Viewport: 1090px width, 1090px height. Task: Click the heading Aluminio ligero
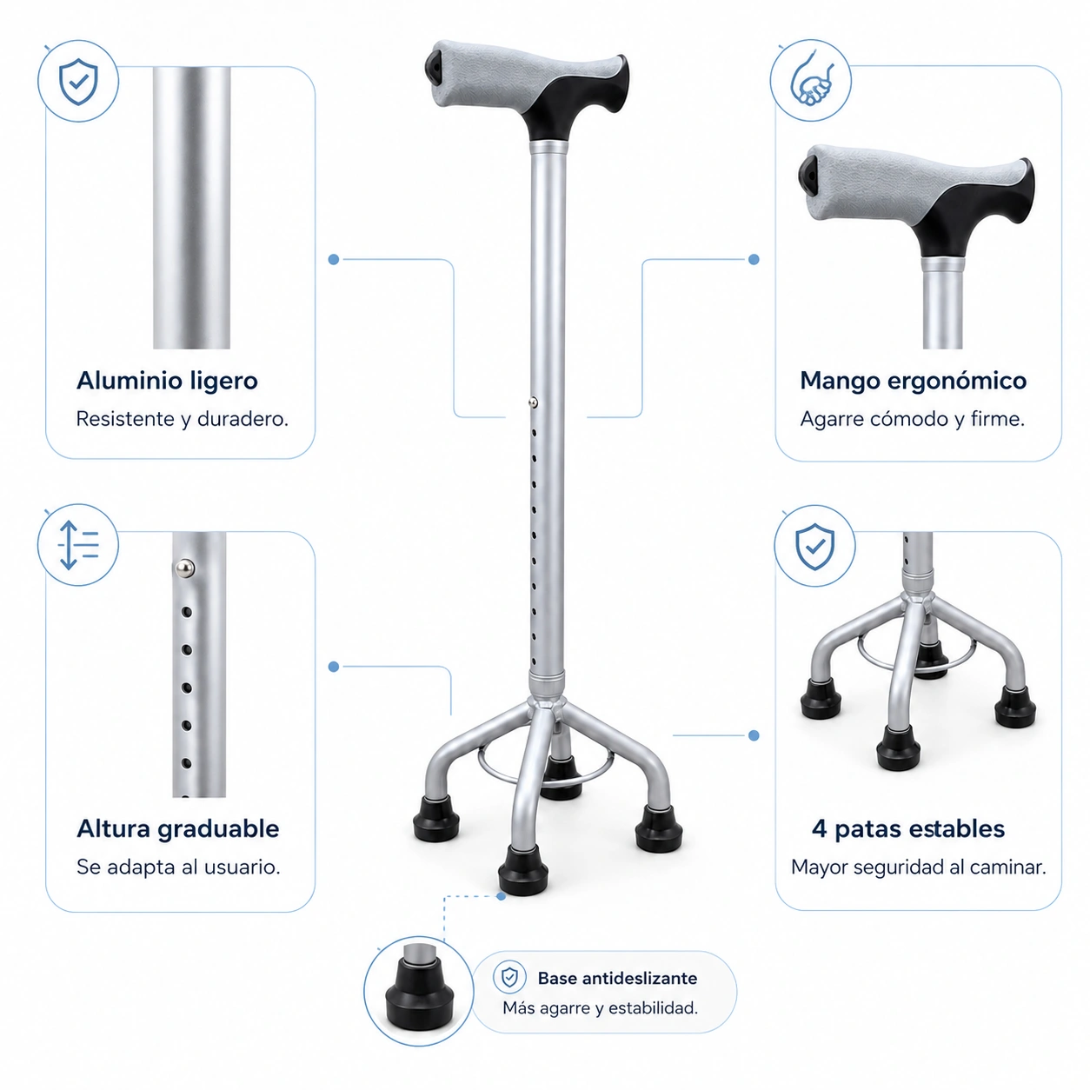167,381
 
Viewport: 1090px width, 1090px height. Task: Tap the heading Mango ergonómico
913,382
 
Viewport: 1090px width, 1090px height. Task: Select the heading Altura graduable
177,828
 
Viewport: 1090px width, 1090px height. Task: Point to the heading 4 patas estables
907,828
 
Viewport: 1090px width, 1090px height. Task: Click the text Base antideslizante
617,978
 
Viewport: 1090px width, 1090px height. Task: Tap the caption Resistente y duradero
183,419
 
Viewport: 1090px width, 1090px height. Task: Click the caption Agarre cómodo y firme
912,419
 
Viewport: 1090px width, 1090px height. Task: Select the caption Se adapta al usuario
178,867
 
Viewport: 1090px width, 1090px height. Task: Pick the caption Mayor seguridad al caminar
918,867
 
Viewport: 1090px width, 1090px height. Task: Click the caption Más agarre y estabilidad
600,1007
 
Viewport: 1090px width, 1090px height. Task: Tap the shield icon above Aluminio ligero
78,82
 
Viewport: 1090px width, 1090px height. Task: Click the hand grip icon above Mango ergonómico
812,80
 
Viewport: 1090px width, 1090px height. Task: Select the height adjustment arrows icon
78,545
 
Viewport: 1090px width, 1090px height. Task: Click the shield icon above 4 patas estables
814,547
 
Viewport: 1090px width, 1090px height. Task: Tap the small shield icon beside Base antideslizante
509,977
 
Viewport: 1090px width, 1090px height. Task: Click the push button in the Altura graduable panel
184,568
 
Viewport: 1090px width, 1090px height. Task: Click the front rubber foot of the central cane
522,871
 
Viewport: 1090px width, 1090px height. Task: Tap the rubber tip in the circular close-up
419,994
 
